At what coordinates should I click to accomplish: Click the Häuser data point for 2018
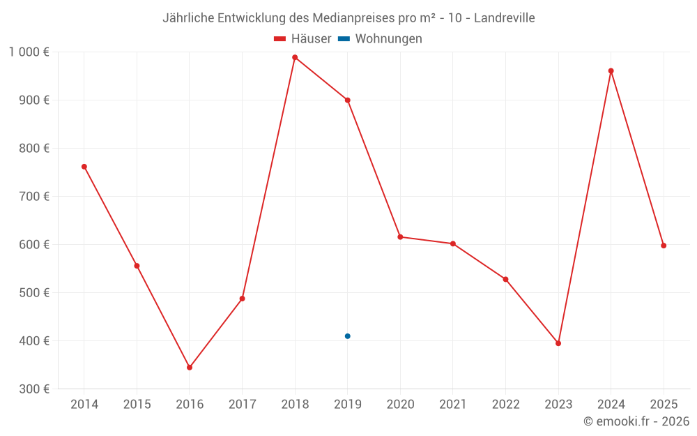coord(295,57)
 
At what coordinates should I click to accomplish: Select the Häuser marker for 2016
coord(190,367)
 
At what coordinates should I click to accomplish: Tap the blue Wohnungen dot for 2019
coord(347,336)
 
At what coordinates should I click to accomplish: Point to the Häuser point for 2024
coord(611,70)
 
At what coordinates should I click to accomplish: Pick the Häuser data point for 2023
coord(558,343)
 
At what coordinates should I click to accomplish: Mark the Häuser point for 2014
coord(84,167)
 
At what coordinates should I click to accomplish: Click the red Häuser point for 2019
coord(347,100)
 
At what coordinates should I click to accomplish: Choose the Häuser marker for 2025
coord(664,246)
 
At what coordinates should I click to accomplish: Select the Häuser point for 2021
coord(453,243)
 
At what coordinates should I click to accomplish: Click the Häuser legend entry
coord(302,39)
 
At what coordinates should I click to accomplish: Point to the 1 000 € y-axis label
coord(29,52)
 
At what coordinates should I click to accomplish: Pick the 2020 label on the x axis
coord(400,404)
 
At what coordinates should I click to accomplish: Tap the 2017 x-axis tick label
coord(242,404)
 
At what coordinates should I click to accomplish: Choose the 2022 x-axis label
coord(505,404)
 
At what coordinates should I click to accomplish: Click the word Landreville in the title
coord(504,18)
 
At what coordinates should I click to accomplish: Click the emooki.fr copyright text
coord(636,421)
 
